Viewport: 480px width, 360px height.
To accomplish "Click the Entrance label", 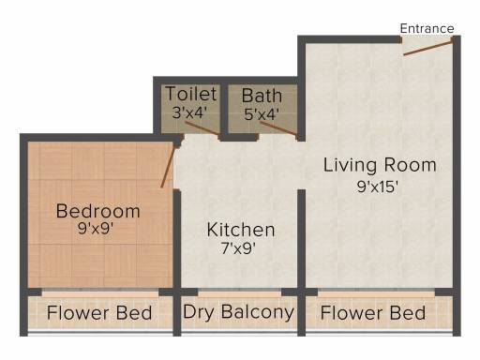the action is [427, 29].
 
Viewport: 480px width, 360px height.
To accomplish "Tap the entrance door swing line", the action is [428, 48].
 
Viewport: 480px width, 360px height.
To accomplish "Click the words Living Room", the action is [380, 166].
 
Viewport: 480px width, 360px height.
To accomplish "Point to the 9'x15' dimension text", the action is [378, 187].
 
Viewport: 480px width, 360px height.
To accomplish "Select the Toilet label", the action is [191, 94].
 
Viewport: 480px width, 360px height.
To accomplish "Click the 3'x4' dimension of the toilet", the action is [189, 112].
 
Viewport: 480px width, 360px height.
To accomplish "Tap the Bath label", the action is [262, 96].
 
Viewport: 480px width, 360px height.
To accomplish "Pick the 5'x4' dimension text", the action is [262, 114].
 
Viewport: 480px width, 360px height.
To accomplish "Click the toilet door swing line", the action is [202, 128].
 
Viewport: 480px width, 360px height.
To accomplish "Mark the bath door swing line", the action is [278, 128].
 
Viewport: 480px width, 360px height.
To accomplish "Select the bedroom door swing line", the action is [169, 166].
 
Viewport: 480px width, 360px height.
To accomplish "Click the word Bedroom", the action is [97, 211].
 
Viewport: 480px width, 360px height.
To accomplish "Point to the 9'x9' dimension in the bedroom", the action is [96, 229].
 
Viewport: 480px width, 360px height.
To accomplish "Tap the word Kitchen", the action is [241, 230].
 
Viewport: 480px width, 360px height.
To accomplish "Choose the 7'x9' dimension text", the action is [238, 248].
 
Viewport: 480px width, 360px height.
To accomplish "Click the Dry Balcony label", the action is [239, 312].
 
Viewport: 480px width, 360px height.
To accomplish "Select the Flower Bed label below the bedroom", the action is [99, 313].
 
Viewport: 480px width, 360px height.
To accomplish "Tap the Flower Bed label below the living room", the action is [373, 313].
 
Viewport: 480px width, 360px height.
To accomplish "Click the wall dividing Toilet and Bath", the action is [224, 110].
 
